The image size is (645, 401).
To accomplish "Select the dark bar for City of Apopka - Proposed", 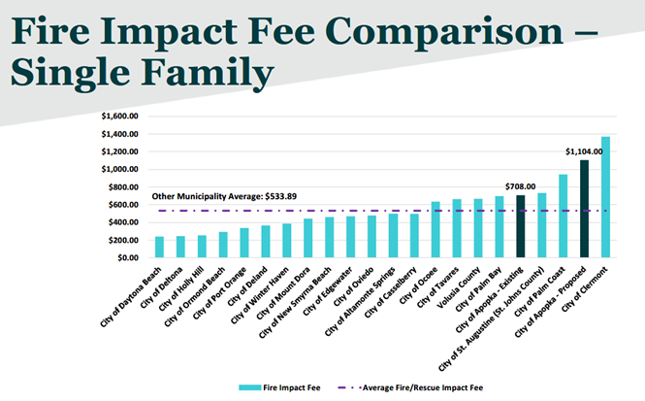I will tap(584, 210).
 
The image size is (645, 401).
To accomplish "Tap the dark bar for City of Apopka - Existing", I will tap(520, 227).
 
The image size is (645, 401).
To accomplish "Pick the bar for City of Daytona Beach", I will tap(159, 248).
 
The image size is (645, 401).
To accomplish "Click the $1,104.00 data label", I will tap(585, 150).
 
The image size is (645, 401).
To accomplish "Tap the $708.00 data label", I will tap(520, 185).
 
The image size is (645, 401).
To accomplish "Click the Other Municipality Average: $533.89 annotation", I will tap(224, 196).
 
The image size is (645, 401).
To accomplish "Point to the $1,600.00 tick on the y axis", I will tap(121, 117).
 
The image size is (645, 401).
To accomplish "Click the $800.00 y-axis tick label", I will tap(124, 187).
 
